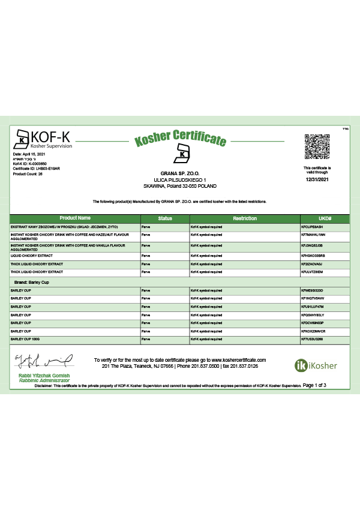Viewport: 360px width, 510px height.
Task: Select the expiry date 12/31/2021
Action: click(x=317, y=179)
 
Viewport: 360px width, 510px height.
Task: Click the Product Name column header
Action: click(x=75, y=218)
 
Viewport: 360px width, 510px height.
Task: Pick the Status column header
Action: click(x=164, y=218)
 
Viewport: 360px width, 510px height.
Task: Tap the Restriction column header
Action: click(x=245, y=218)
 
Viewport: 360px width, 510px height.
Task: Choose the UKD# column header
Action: click(x=325, y=218)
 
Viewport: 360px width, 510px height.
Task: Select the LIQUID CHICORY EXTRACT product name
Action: click(x=32, y=255)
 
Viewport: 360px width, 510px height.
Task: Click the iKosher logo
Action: click(x=316, y=365)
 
